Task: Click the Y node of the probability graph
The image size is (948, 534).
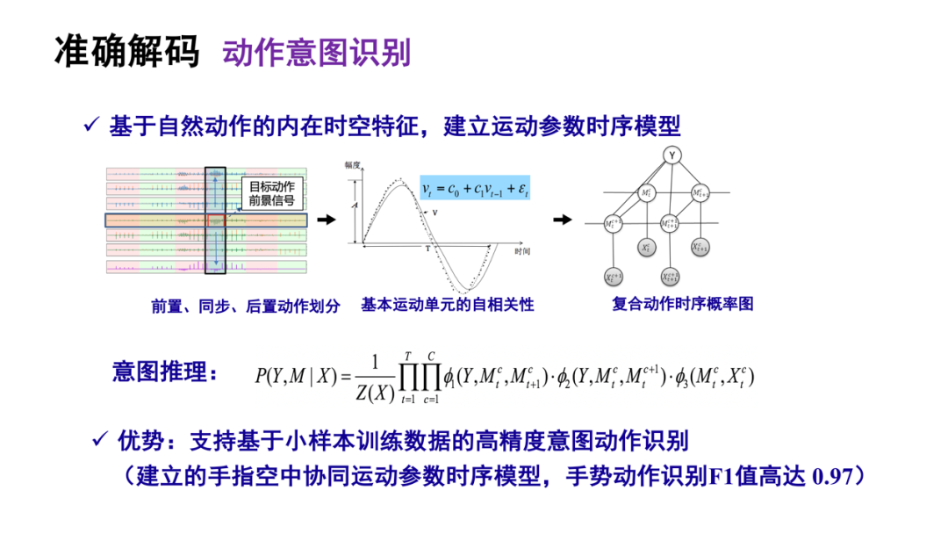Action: point(671,155)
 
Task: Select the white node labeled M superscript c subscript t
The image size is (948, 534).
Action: point(646,191)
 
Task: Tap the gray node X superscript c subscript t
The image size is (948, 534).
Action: point(646,249)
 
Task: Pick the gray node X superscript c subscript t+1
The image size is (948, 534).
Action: point(699,248)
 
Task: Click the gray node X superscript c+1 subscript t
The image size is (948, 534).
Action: point(614,278)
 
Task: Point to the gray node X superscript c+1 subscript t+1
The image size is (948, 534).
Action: point(671,278)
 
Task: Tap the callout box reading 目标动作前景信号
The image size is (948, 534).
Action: point(271,192)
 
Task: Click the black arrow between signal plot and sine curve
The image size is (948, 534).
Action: point(326,220)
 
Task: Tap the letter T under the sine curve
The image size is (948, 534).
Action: point(429,249)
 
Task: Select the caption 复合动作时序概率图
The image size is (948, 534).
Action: point(682,305)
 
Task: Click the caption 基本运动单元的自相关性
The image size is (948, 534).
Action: point(447,306)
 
